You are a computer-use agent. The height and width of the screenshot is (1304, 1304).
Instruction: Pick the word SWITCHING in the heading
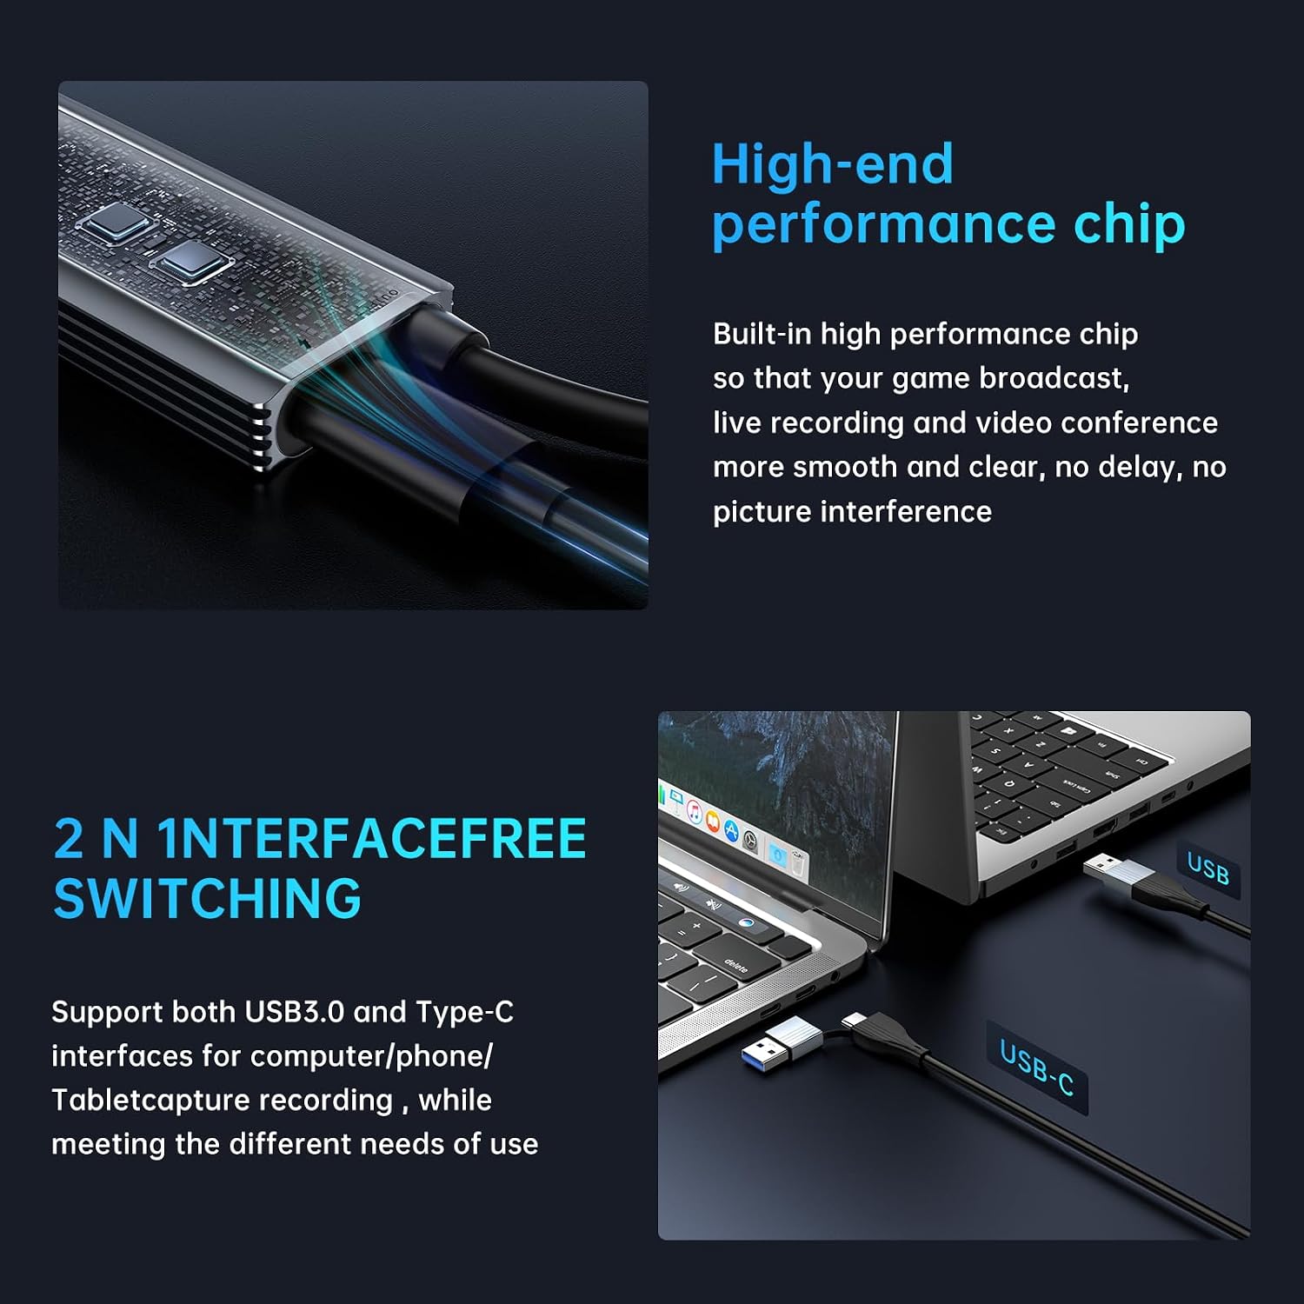tap(207, 899)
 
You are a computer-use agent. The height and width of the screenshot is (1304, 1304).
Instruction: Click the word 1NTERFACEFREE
tap(372, 839)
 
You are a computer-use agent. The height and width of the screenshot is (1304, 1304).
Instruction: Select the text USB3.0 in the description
tap(294, 1012)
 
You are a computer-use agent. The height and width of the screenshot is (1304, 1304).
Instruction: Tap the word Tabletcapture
tap(222, 1101)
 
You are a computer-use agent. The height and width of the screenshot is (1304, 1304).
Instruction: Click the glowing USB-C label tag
tap(1036, 1068)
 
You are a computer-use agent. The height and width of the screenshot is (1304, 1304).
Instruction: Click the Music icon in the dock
tap(695, 812)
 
